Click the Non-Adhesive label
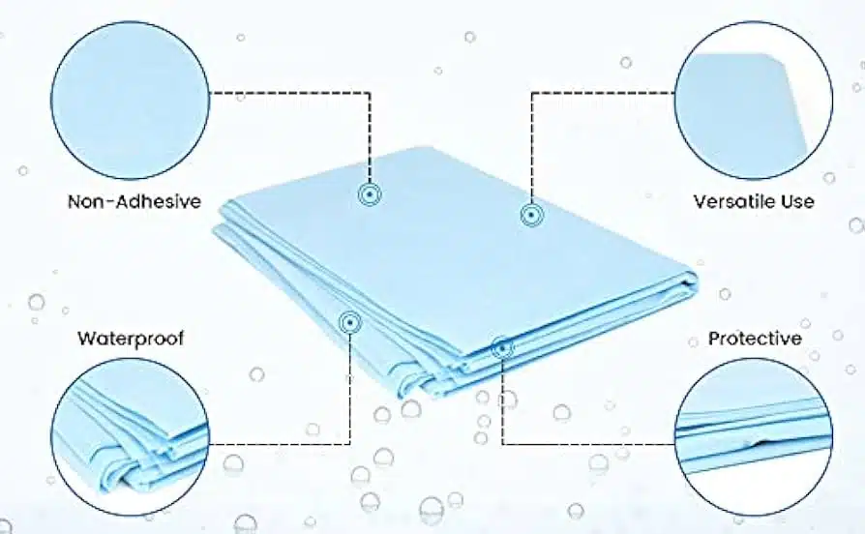[x=134, y=201]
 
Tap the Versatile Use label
[x=754, y=201]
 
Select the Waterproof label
[x=131, y=338]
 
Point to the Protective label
[x=755, y=338]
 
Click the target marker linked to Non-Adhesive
[x=370, y=194]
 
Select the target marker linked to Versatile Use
[x=531, y=215]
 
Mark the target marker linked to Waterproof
[x=349, y=322]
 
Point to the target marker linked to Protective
[x=502, y=348]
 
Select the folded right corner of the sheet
[x=689, y=281]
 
